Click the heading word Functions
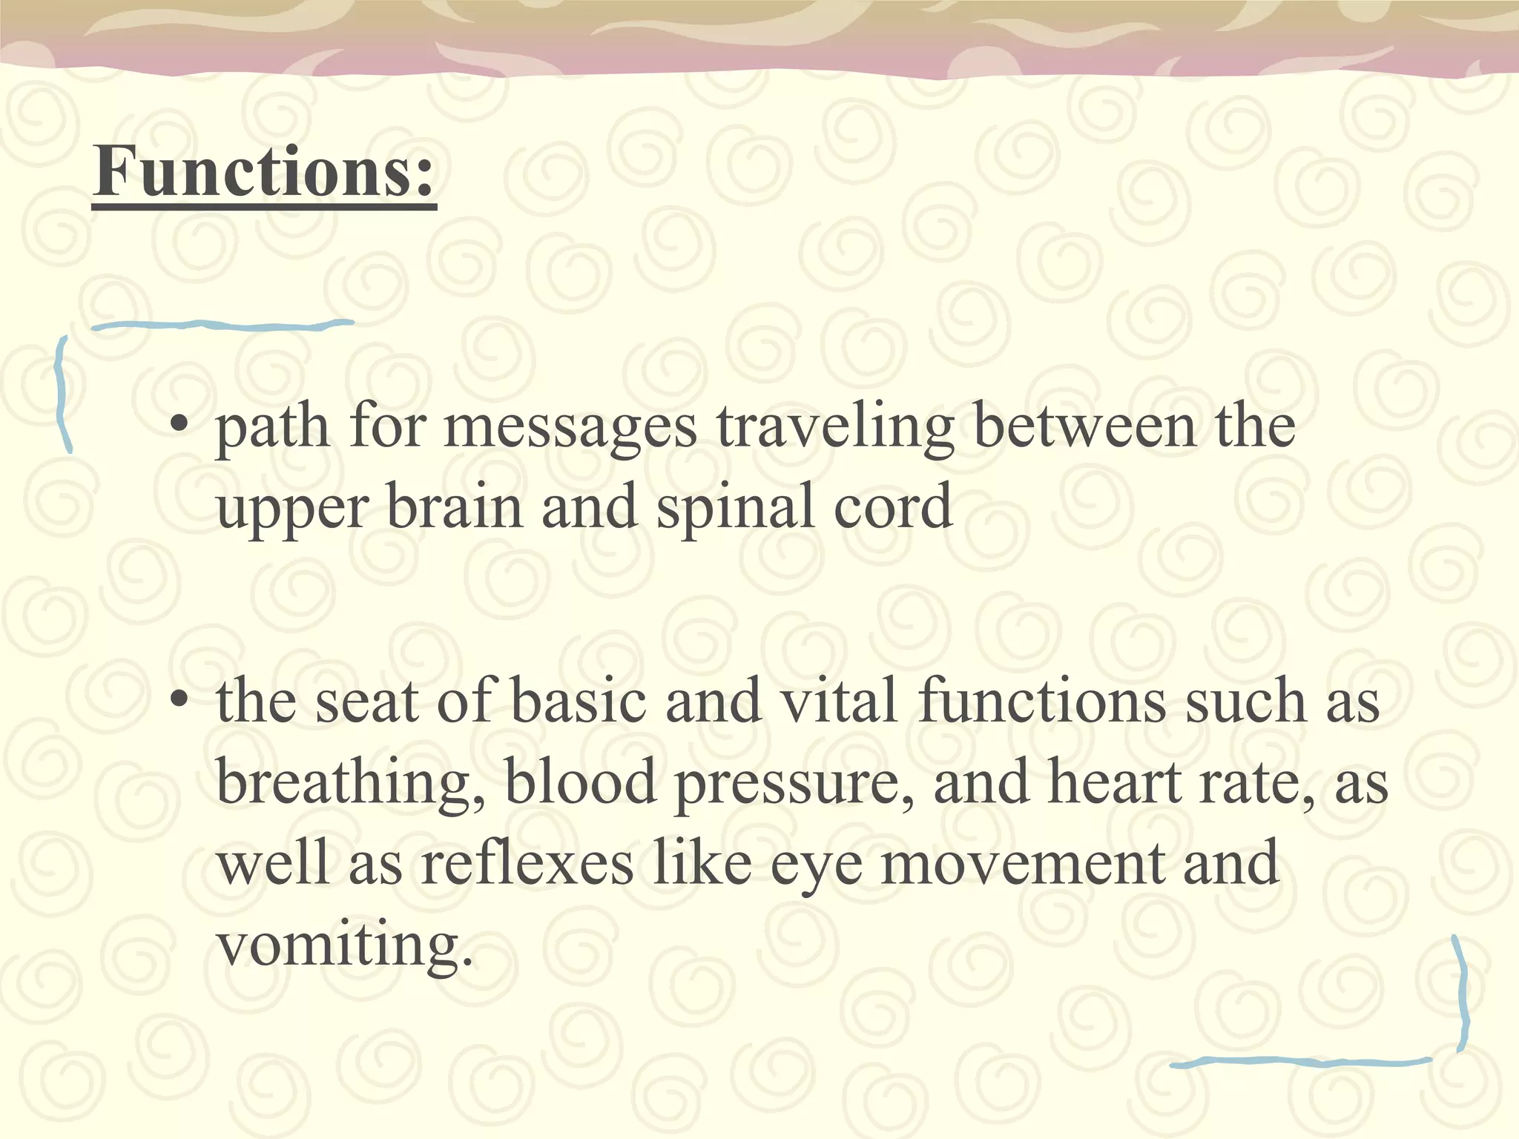pos(264,172)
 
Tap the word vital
pos(840,701)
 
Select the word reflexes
pos(527,864)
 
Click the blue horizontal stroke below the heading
pos(223,325)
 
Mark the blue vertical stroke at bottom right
pos(1462,994)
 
